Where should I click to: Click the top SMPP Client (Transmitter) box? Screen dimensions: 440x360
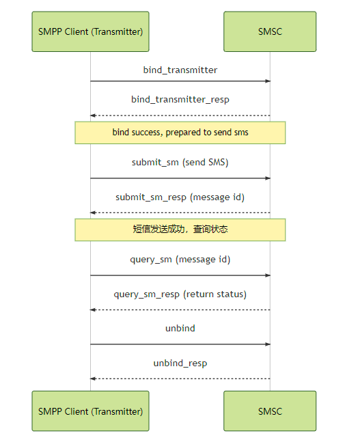(90, 31)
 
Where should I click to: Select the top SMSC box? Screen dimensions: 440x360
(270, 31)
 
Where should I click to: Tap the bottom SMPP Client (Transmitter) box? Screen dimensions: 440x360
(90, 411)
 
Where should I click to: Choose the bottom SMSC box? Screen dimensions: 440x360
(270, 411)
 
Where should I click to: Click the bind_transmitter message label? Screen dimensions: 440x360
(180, 70)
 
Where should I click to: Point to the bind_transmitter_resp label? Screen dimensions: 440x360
(180, 100)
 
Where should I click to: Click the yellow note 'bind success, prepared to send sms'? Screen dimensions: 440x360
(180, 133)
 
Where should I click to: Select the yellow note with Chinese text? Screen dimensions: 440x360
(180, 230)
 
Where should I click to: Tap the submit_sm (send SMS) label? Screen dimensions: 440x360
(180, 163)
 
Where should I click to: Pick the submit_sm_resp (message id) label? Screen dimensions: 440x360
(180, 197)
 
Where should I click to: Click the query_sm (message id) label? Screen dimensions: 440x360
(180, 260)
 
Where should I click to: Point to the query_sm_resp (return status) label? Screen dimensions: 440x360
(180, 294)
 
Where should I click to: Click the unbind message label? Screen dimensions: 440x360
(180, 329)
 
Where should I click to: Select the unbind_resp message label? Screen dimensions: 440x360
(180, 363)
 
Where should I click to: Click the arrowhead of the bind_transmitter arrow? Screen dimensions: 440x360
(268, 81)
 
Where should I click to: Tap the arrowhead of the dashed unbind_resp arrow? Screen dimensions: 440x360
(93, 379)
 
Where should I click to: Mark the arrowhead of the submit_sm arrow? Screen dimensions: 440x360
(268, 178)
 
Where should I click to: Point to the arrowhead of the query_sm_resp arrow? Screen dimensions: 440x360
(93, 310)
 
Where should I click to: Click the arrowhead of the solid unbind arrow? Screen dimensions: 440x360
(268, 344)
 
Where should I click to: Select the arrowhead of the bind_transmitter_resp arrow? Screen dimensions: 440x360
(93, 115)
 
